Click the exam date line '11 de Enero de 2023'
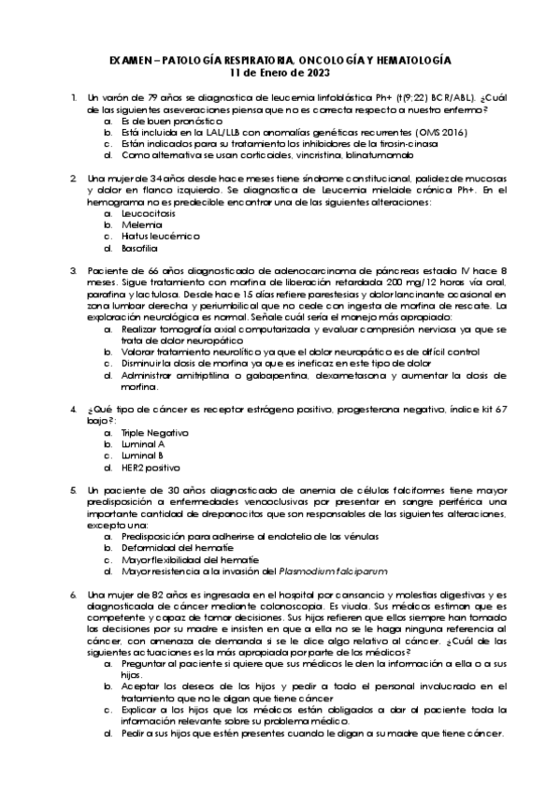(280, 72)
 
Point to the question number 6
(73, 593)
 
